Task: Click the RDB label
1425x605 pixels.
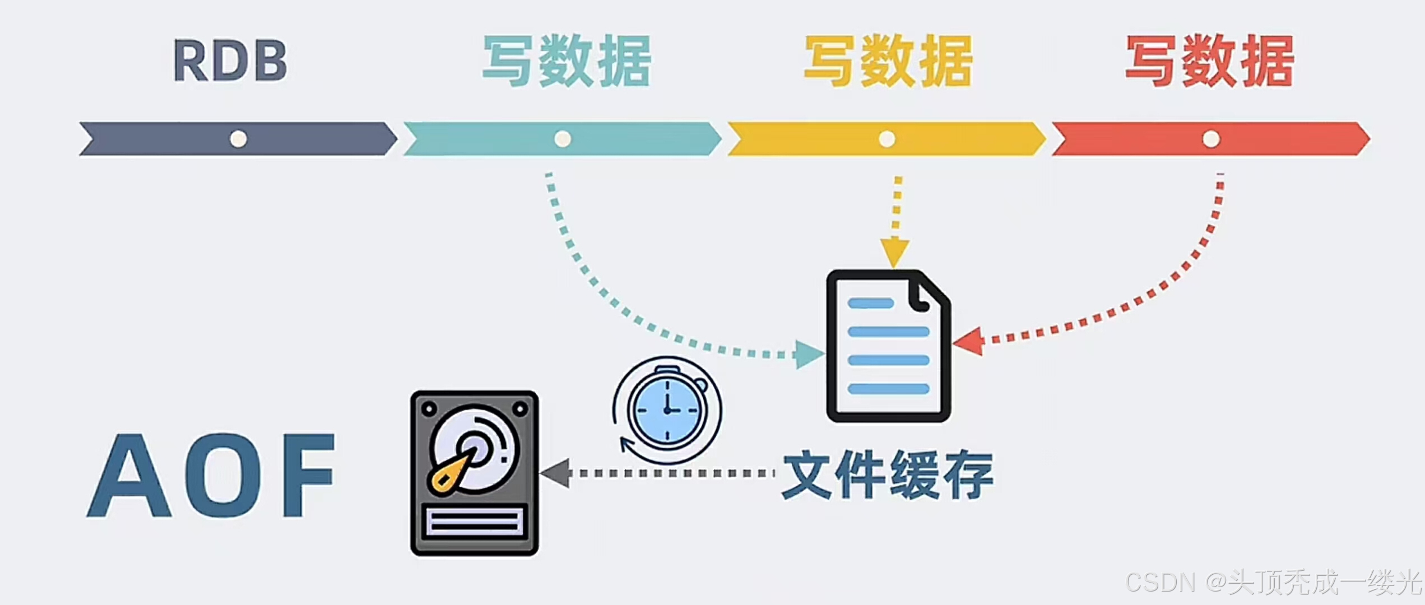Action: [230, 61]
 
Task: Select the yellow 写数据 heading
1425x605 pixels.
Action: [889, 61]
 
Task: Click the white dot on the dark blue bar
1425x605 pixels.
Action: [239, 138]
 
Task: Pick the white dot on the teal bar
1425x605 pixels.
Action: [563, 138]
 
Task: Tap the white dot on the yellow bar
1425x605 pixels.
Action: [886, 138]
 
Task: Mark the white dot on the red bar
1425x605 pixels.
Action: [1211, 138]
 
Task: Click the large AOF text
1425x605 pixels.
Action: [211, 476]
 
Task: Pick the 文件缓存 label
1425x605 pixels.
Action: [888, 475]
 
